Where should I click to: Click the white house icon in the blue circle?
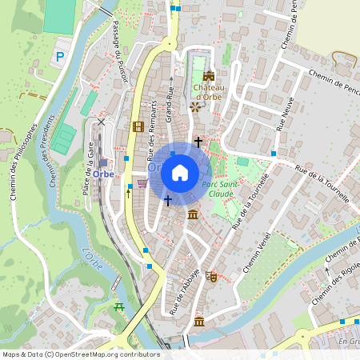pos(180,173)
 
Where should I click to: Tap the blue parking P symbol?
pos(59,57)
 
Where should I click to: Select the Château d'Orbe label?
pos(206,93)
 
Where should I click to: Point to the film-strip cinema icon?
pos(138,126)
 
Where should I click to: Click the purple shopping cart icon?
pos(142,183)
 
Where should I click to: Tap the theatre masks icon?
pos(211,276)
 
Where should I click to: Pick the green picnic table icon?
pos(121,306)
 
